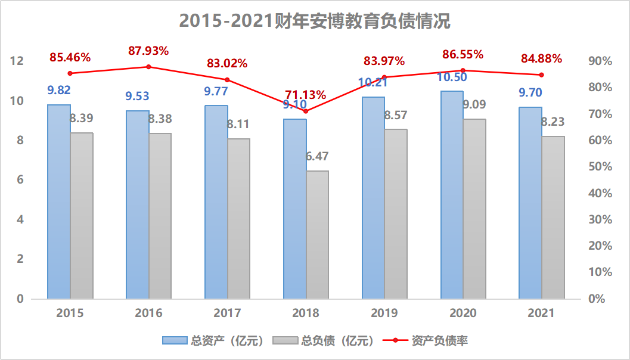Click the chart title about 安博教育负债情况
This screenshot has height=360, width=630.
(315, 21)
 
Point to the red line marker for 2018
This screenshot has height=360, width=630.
(306, 111)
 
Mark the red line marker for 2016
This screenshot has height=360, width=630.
(149, 67)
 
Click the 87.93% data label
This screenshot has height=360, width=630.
(148, 51)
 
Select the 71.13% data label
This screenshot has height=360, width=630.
(306, 95)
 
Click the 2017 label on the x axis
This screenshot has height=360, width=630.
(227, 313)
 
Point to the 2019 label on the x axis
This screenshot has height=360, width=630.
(384, 313)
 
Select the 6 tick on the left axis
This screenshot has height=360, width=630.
(20, 180)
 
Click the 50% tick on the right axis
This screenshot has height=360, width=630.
(600, 167)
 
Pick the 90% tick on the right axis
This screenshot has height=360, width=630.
(600, 61)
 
